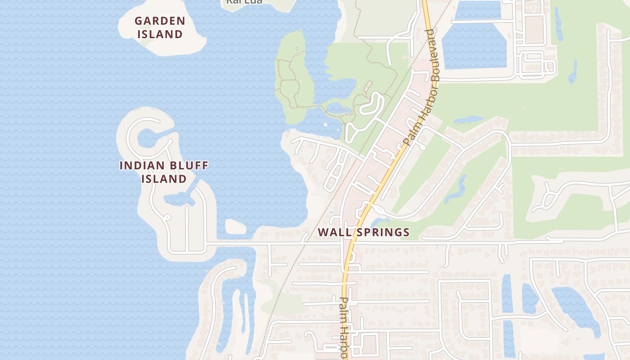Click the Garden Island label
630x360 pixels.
[159, 27]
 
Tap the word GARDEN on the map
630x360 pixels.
[160, 21]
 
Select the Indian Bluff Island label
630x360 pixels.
[164, 172]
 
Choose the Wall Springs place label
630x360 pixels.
[364, 232]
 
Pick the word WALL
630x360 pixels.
[333, 232]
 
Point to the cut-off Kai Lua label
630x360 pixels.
[244, 2]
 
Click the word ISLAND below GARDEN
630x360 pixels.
[160, 34]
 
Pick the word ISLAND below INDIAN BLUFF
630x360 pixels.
[164, 179]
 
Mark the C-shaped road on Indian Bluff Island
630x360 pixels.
[130, 135]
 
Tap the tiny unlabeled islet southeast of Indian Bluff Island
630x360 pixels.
[235, 227]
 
